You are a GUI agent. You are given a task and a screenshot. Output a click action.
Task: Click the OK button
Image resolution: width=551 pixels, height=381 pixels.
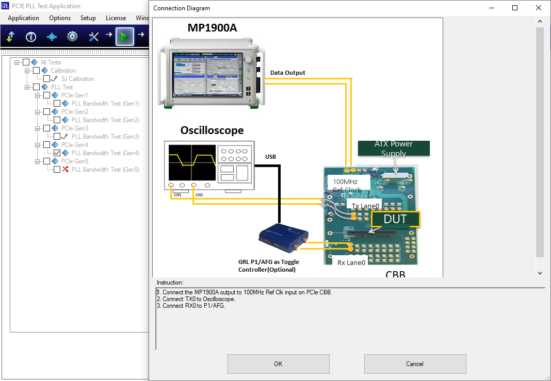point(278,364)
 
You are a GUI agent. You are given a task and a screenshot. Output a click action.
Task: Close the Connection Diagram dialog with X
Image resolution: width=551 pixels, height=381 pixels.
point(539,8)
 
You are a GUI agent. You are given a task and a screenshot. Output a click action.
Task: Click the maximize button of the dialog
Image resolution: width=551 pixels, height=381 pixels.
point(515,8)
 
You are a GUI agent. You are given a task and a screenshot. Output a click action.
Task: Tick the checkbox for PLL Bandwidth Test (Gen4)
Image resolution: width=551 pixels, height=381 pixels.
point(57,153)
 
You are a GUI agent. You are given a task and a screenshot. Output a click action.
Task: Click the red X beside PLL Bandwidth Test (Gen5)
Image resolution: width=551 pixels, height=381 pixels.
point(66,170)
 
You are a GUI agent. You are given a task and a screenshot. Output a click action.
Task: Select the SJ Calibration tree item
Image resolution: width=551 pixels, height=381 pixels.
point(77,79)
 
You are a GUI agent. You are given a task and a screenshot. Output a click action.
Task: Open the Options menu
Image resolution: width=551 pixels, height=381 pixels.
point(60,18)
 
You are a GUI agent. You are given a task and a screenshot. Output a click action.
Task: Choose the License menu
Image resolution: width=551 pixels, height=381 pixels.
point(116,18)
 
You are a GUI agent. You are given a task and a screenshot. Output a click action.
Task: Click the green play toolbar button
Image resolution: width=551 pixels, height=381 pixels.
point(124,37)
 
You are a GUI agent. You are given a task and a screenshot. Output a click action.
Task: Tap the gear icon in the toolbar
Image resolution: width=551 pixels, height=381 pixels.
point(72,37)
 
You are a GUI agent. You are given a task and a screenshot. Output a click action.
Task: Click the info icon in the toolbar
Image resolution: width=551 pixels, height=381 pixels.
point(31,37)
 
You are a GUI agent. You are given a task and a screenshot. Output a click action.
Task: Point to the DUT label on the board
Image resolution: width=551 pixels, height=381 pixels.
point(395,219)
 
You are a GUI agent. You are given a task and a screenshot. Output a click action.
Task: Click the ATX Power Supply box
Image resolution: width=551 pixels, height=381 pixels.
point(394,148)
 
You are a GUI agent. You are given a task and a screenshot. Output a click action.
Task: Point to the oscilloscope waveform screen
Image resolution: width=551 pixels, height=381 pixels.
point(192,161)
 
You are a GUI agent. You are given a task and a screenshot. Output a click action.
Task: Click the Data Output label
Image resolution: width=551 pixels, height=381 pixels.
point(287,73)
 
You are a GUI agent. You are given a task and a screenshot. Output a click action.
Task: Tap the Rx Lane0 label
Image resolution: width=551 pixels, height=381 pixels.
point(351,262)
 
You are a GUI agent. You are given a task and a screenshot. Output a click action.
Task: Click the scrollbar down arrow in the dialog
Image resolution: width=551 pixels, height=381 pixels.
point(540,273)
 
